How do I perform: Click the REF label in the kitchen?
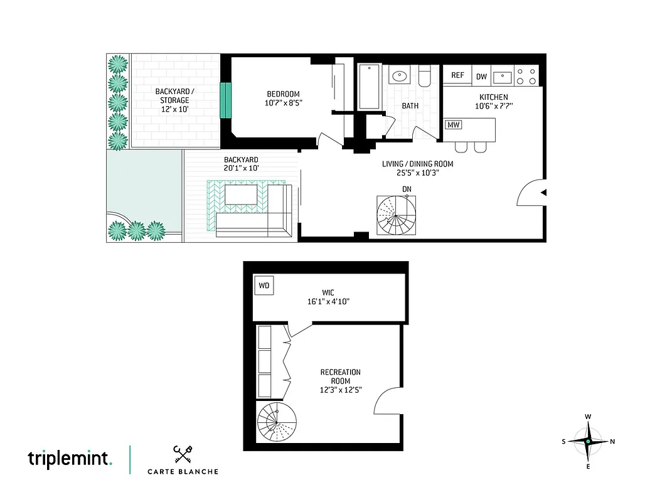458,75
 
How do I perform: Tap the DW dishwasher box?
481,76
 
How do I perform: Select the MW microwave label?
453,125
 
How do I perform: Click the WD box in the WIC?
264,286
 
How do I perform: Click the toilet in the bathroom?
425,77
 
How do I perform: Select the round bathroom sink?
398,77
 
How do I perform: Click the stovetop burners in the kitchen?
526,77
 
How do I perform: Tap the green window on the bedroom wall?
225,100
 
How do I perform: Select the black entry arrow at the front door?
543,192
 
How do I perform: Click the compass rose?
588,442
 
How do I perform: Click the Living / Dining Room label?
417,164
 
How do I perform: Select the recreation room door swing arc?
386,402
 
